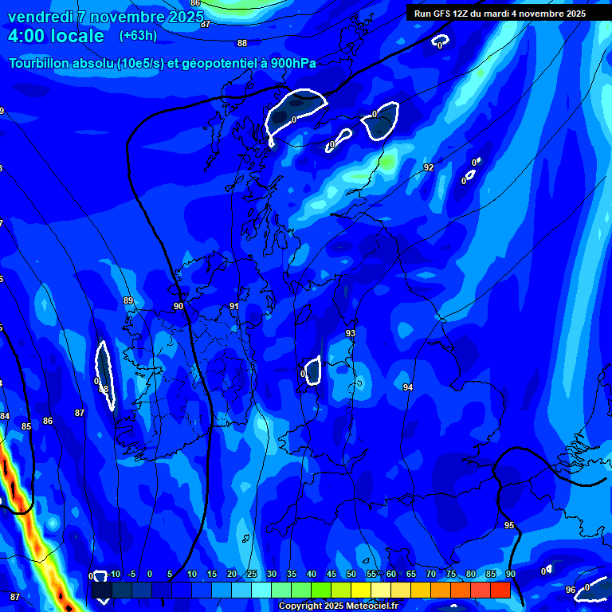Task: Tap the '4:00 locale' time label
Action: (x=56, y=36)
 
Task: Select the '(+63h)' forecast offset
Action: (x=138, y=36)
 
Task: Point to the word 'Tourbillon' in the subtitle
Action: (x=41, y=63)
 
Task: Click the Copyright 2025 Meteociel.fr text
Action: (x=339, y=606)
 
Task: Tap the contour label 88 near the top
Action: (x=242, y=43)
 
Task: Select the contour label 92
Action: (x=429, y=167)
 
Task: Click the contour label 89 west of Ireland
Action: (x=128, y=300)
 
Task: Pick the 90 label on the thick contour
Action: (x=178, y=306)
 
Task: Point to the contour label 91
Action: (x=234, y=306)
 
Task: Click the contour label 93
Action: (x=351, y=333)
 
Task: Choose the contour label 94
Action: (x=408, y=387)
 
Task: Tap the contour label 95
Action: (x=509, y=525)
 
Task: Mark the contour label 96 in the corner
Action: (x=571, y=590)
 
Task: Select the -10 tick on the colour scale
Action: (x=116, y=574)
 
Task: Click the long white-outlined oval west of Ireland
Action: (x=104, y=375)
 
